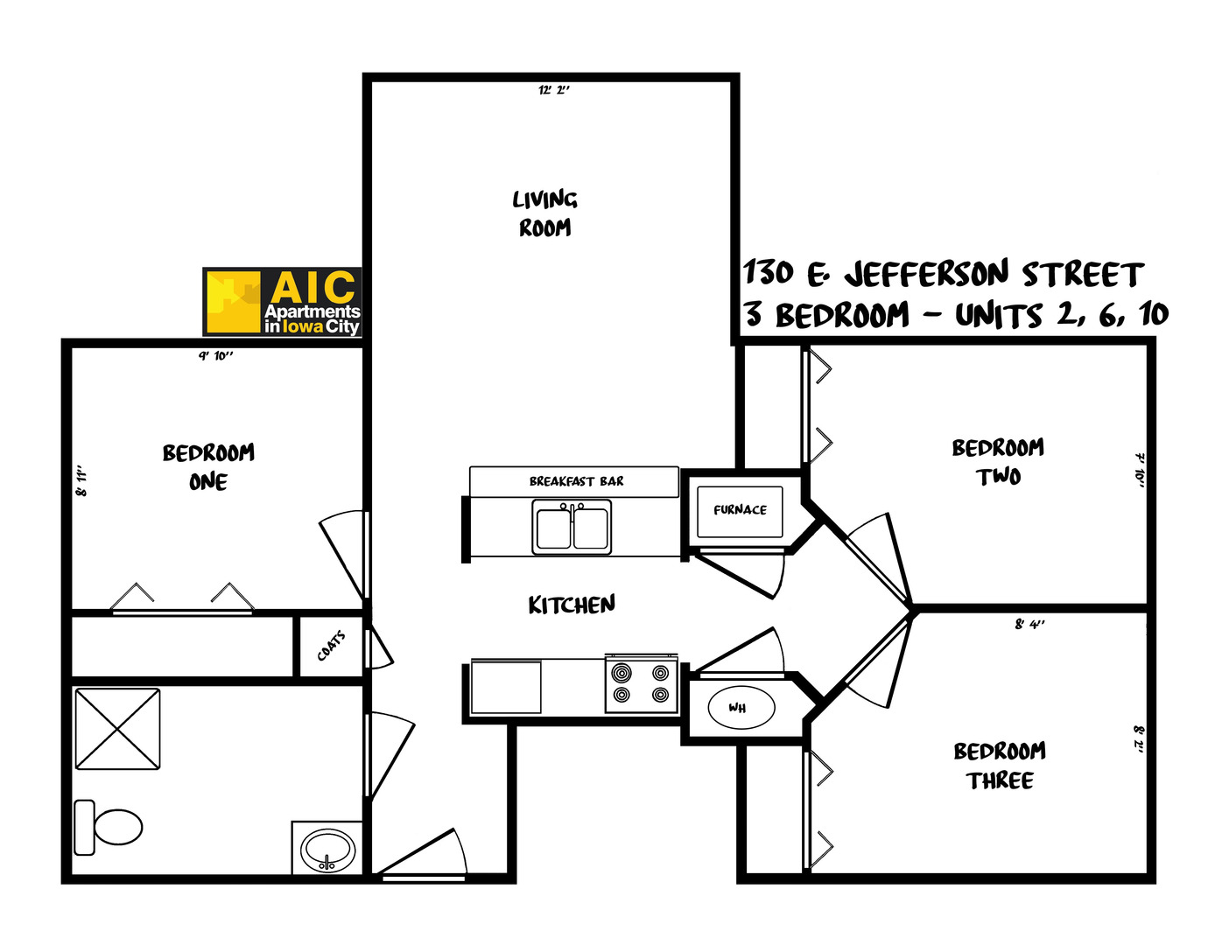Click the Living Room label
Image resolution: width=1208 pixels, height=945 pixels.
pos(544,213)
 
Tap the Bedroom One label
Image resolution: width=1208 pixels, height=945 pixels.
pos(208,466)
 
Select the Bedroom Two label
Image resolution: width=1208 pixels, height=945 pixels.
pos(998,461)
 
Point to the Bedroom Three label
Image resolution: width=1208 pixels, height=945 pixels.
pos(1000,766)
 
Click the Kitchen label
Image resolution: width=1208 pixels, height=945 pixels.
pos(572,605)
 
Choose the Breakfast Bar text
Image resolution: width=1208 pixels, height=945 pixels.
pos(576,481)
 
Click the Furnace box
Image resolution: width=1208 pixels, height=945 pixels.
pos(740,511)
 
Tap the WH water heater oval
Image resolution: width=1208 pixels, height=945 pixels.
pos(740,708)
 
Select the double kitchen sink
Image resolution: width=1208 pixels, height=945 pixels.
pos(572,528)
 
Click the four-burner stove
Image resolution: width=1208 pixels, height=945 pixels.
pos(642,683)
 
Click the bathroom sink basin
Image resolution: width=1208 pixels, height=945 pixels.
pos(327,850)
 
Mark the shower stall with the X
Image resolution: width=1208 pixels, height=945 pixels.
pos(117,730)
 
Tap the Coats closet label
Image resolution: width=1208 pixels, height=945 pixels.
pos(331,647)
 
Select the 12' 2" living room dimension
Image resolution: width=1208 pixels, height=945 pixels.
pos(553,90)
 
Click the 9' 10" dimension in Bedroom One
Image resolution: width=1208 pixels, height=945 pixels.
pos(215,356)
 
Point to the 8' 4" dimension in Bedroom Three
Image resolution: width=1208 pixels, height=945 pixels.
pos(1029,625)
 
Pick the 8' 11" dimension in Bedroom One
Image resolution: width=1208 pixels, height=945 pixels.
pos(82,481)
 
